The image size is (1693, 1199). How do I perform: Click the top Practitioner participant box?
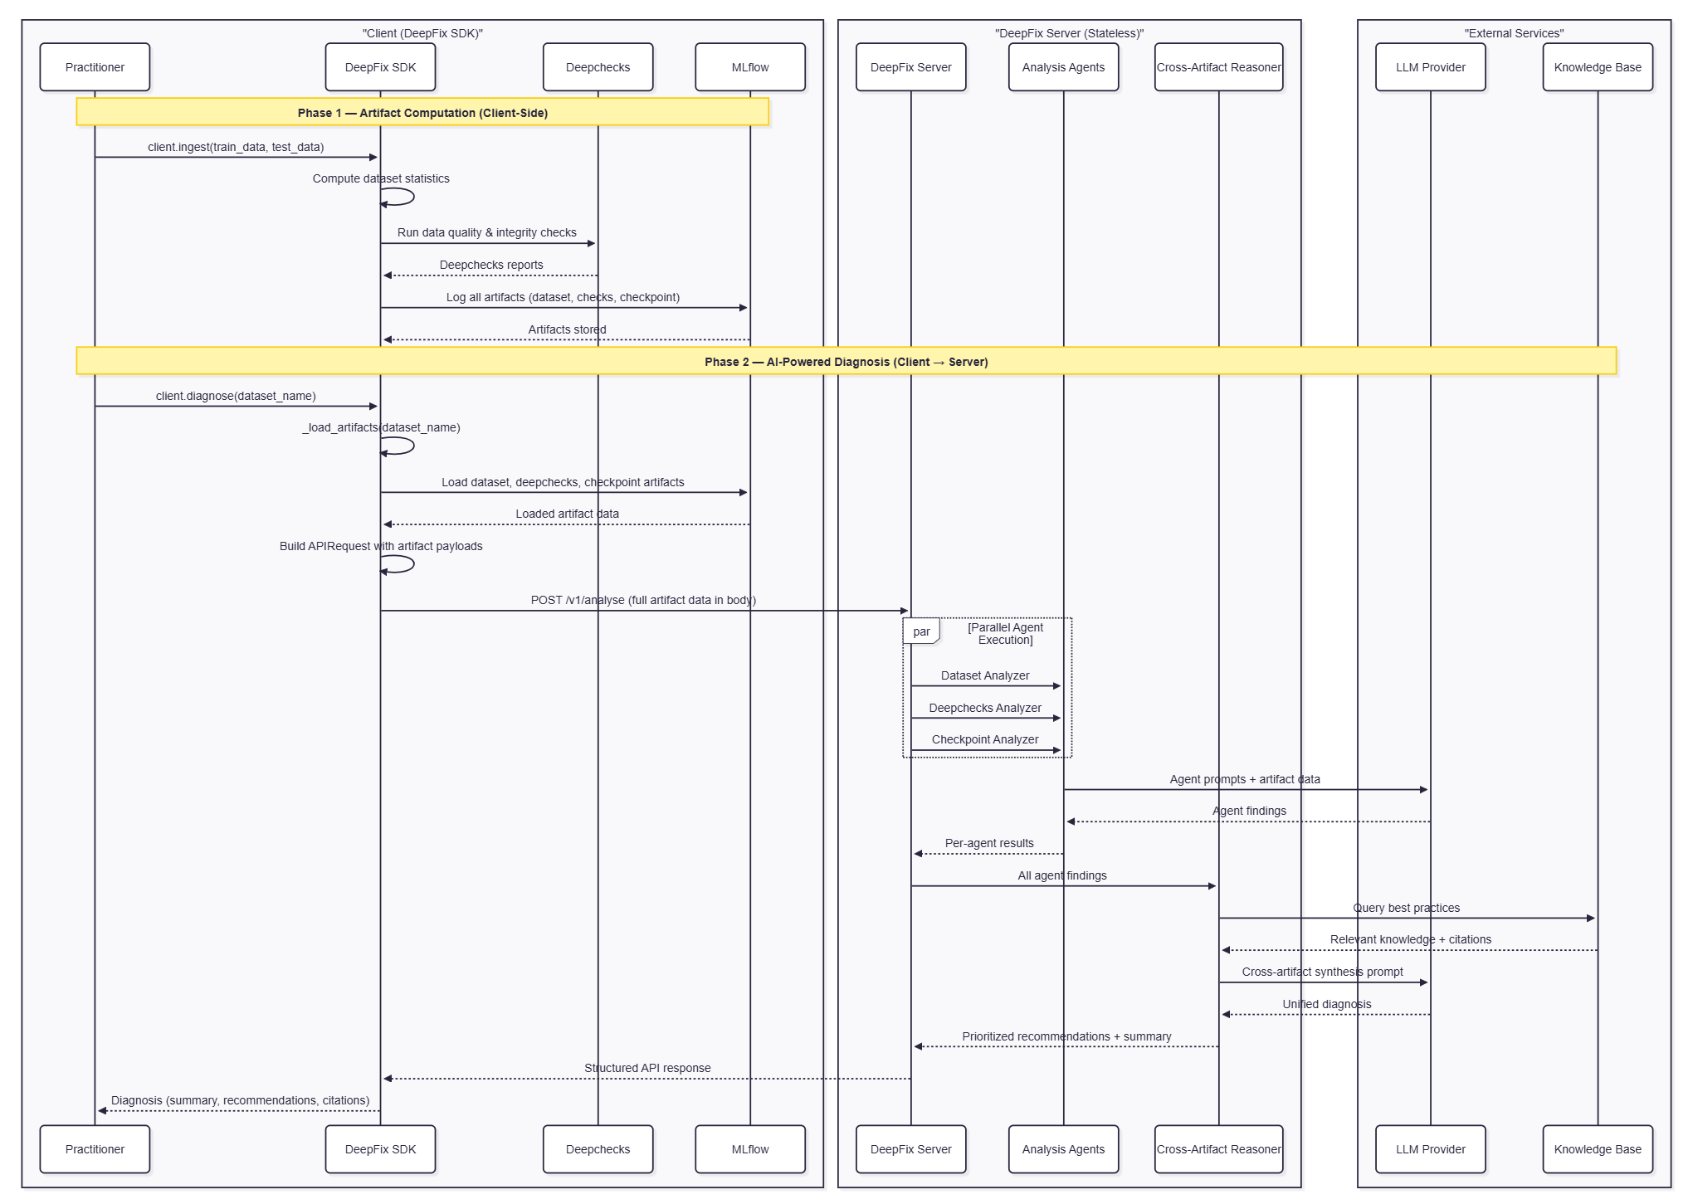pos(95,67)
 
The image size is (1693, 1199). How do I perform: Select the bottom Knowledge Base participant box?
pos(1597,1148)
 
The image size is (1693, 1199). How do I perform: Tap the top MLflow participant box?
pos(749,67)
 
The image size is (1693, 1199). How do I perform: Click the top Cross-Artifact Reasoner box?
pos(1218,67)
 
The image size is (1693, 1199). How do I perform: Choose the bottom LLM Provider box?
pos(1430,1148)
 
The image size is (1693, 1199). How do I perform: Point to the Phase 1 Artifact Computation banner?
pos(422,113)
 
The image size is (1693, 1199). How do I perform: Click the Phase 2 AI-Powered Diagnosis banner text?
pos(846,362)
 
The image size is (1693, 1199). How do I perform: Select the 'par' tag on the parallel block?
pos(921,631)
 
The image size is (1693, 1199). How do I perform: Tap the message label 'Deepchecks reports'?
pos(491,265)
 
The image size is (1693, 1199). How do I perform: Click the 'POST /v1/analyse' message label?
pos(643,600)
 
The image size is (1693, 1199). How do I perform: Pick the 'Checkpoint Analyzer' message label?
pos(985,739)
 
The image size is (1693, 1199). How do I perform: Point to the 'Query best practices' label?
pos(1406,908)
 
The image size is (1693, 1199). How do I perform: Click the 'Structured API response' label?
pos(647,1068)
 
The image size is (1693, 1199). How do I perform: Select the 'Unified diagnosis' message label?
pos(1326,1004)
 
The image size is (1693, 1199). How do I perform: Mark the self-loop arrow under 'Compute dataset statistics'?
pos(403,197)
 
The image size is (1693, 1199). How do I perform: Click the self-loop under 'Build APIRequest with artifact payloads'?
pos(403,564)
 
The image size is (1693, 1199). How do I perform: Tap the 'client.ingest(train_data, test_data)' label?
pos(236,147)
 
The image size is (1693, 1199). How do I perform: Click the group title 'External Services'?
pos(1514,33)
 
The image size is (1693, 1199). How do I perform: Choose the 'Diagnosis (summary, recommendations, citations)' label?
pos(240,1100)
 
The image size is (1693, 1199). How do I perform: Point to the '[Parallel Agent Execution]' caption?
pos(1005,634)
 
